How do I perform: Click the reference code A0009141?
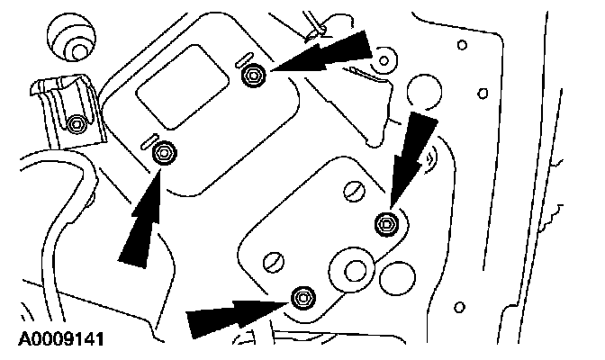[61, 339]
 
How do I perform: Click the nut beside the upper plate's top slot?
[254, 76]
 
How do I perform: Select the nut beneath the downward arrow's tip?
[387, 224]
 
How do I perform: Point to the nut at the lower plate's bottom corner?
[303, 298]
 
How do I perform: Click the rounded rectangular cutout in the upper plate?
[183, 86]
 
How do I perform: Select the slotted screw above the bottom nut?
[274, 263]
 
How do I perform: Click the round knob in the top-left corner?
[71, 38]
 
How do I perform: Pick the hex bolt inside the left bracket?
[77, 124]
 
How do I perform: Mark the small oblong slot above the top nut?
[244, 58]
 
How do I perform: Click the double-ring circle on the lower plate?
[352, 270]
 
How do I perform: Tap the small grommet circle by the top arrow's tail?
[384, 60]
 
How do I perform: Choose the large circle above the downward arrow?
[424, 92]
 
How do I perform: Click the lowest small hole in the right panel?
[459, 307]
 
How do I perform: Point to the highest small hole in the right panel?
[462, 45]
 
